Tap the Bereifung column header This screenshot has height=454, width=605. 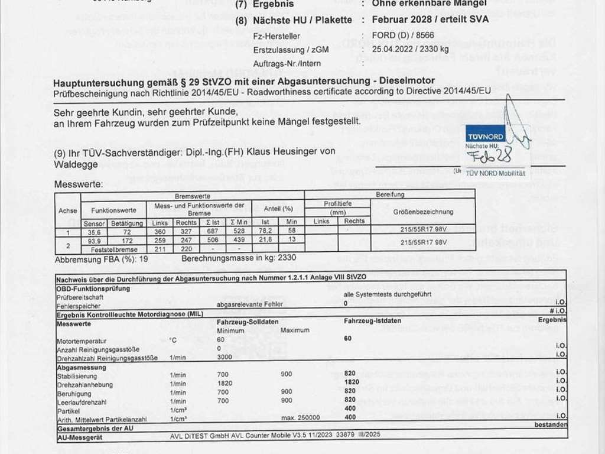tap(390, 194)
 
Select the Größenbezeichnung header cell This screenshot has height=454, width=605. tap(423, 212)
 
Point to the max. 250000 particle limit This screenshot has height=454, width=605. tap(301, 418)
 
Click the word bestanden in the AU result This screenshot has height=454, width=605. tap(551, 425)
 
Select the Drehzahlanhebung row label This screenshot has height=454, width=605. tap(80, 384)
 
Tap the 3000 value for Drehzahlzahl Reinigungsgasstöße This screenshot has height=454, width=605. tap(224, 358)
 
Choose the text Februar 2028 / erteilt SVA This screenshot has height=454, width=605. tap(421, 20)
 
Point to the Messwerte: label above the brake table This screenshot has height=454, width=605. tap(78, 184)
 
